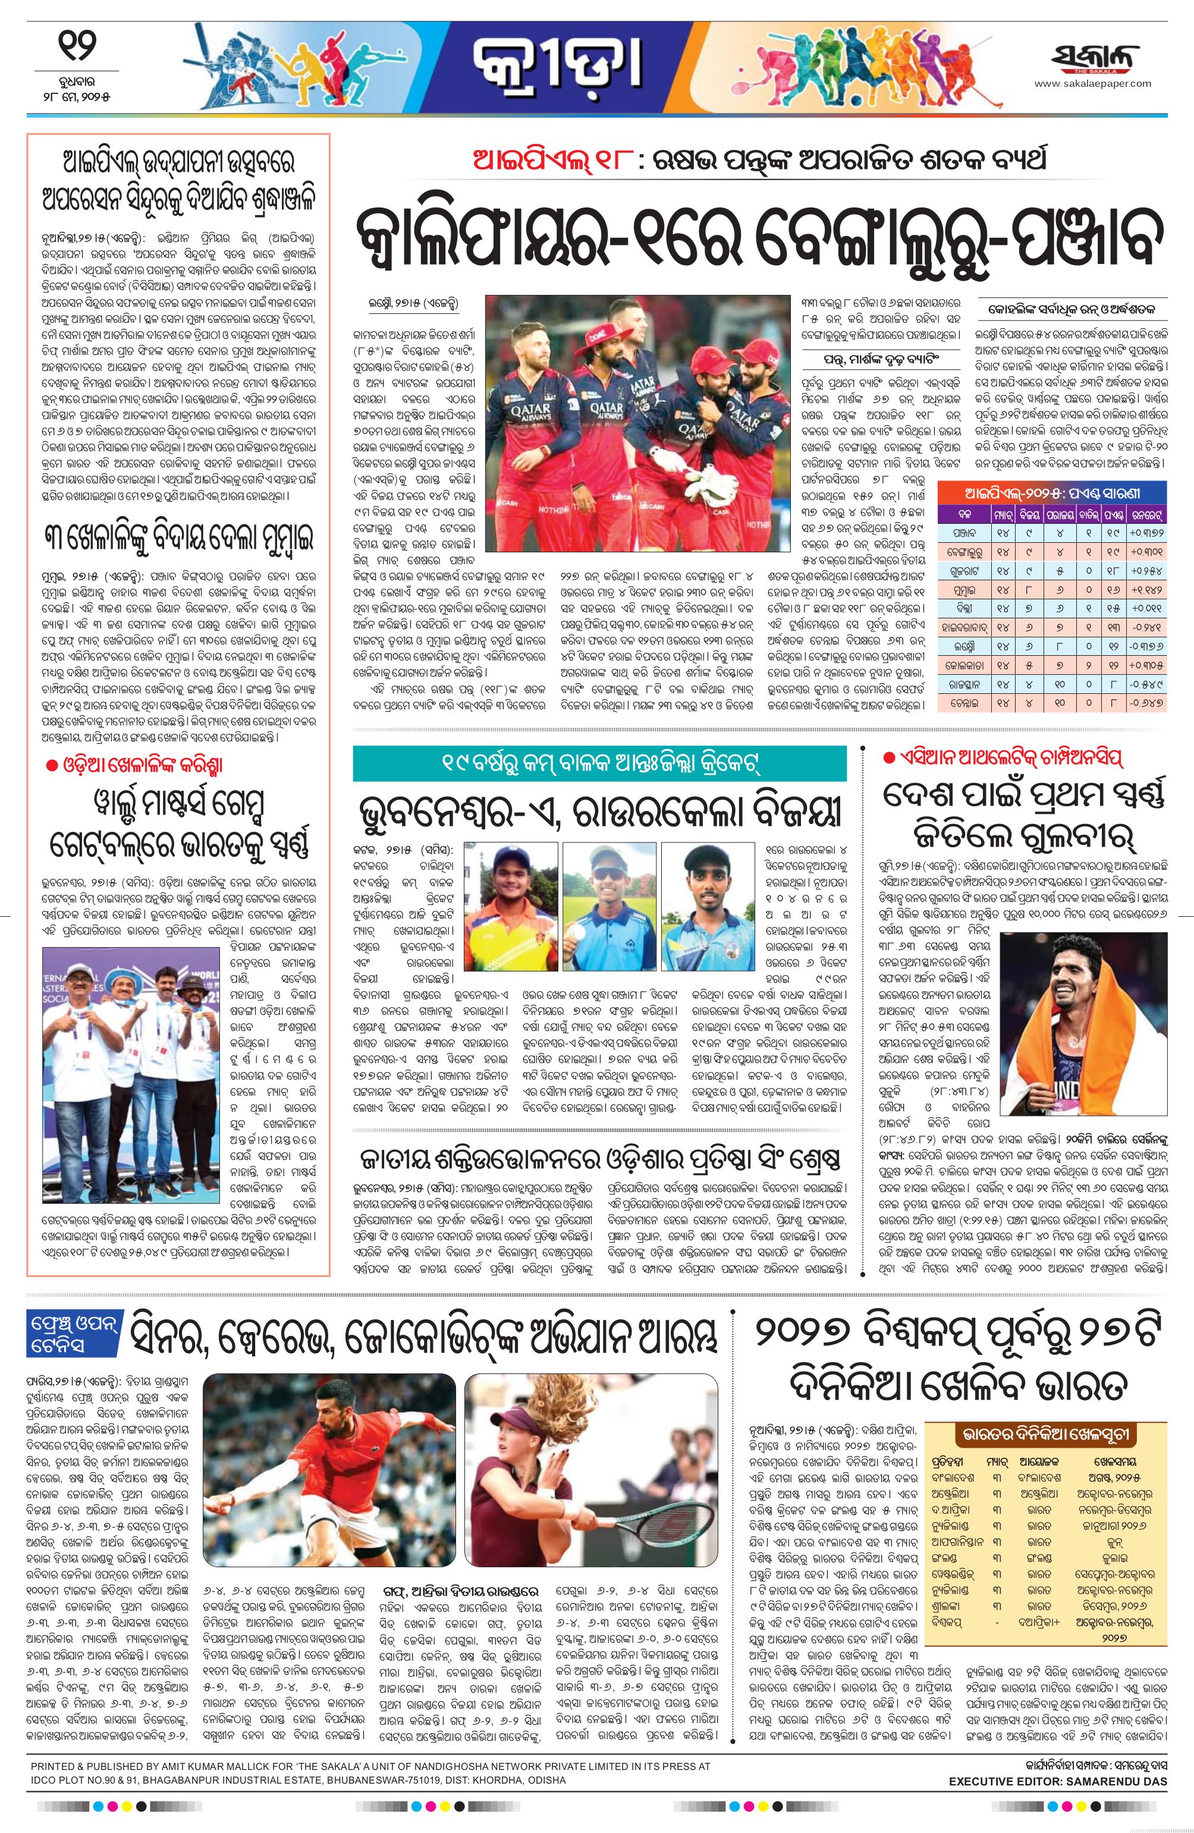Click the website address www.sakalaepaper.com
(x=1092, y=84)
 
